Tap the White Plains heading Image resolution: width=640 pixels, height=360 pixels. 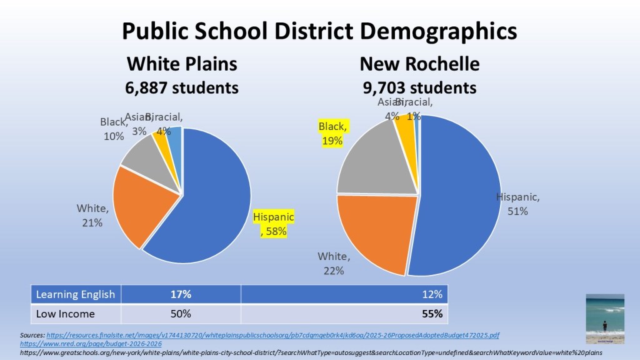tap(182, 64)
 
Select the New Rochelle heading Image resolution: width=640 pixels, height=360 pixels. tap(419, 64)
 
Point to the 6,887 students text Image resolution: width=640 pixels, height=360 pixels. tap(182, 87)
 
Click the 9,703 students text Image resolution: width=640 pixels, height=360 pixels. tap(419, 87)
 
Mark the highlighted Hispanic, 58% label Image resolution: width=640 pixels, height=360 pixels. tap(273, 224)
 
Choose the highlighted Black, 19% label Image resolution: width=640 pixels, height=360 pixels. tap(332, 134)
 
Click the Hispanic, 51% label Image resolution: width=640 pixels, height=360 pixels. tap(517, 204)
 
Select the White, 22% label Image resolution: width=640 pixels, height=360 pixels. tap(334, 263)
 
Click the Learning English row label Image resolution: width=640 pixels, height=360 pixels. tap(76, 294)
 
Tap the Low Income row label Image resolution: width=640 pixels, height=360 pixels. tap(66, 313)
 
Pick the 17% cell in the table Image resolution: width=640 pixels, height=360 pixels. tap(181, 294)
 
